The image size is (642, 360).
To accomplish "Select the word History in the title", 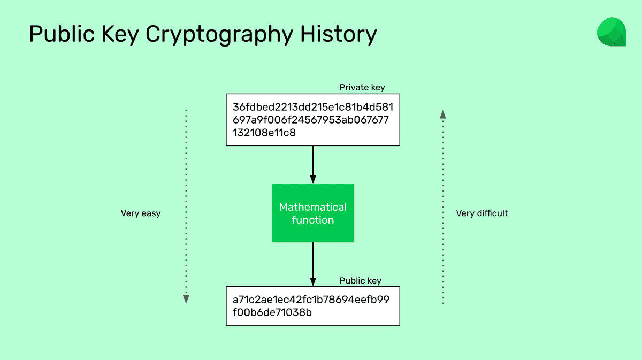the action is (x=338, y=34).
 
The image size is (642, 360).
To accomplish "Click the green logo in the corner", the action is (x=611, y=32).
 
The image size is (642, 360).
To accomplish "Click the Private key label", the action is (x=362, y=87).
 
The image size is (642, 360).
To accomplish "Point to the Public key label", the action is (x=361, y=281).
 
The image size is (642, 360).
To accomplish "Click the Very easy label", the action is (x=141, y=213).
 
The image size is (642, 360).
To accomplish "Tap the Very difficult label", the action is (x=481, y=213).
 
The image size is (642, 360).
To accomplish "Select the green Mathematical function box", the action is (x=313, y=213).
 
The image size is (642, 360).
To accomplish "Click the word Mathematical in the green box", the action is (x=313, y=207).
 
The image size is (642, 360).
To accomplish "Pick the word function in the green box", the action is (x=313, y=220).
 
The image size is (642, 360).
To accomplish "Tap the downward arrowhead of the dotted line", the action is (x=186, y=300).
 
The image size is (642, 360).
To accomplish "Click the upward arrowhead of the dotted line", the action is (x=442, y=113).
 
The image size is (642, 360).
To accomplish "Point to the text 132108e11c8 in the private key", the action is (x=264, y=132).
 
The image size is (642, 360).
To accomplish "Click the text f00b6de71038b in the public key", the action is (x=272, y=312).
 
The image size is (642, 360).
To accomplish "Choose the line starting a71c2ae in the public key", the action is (x=311, y=299).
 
